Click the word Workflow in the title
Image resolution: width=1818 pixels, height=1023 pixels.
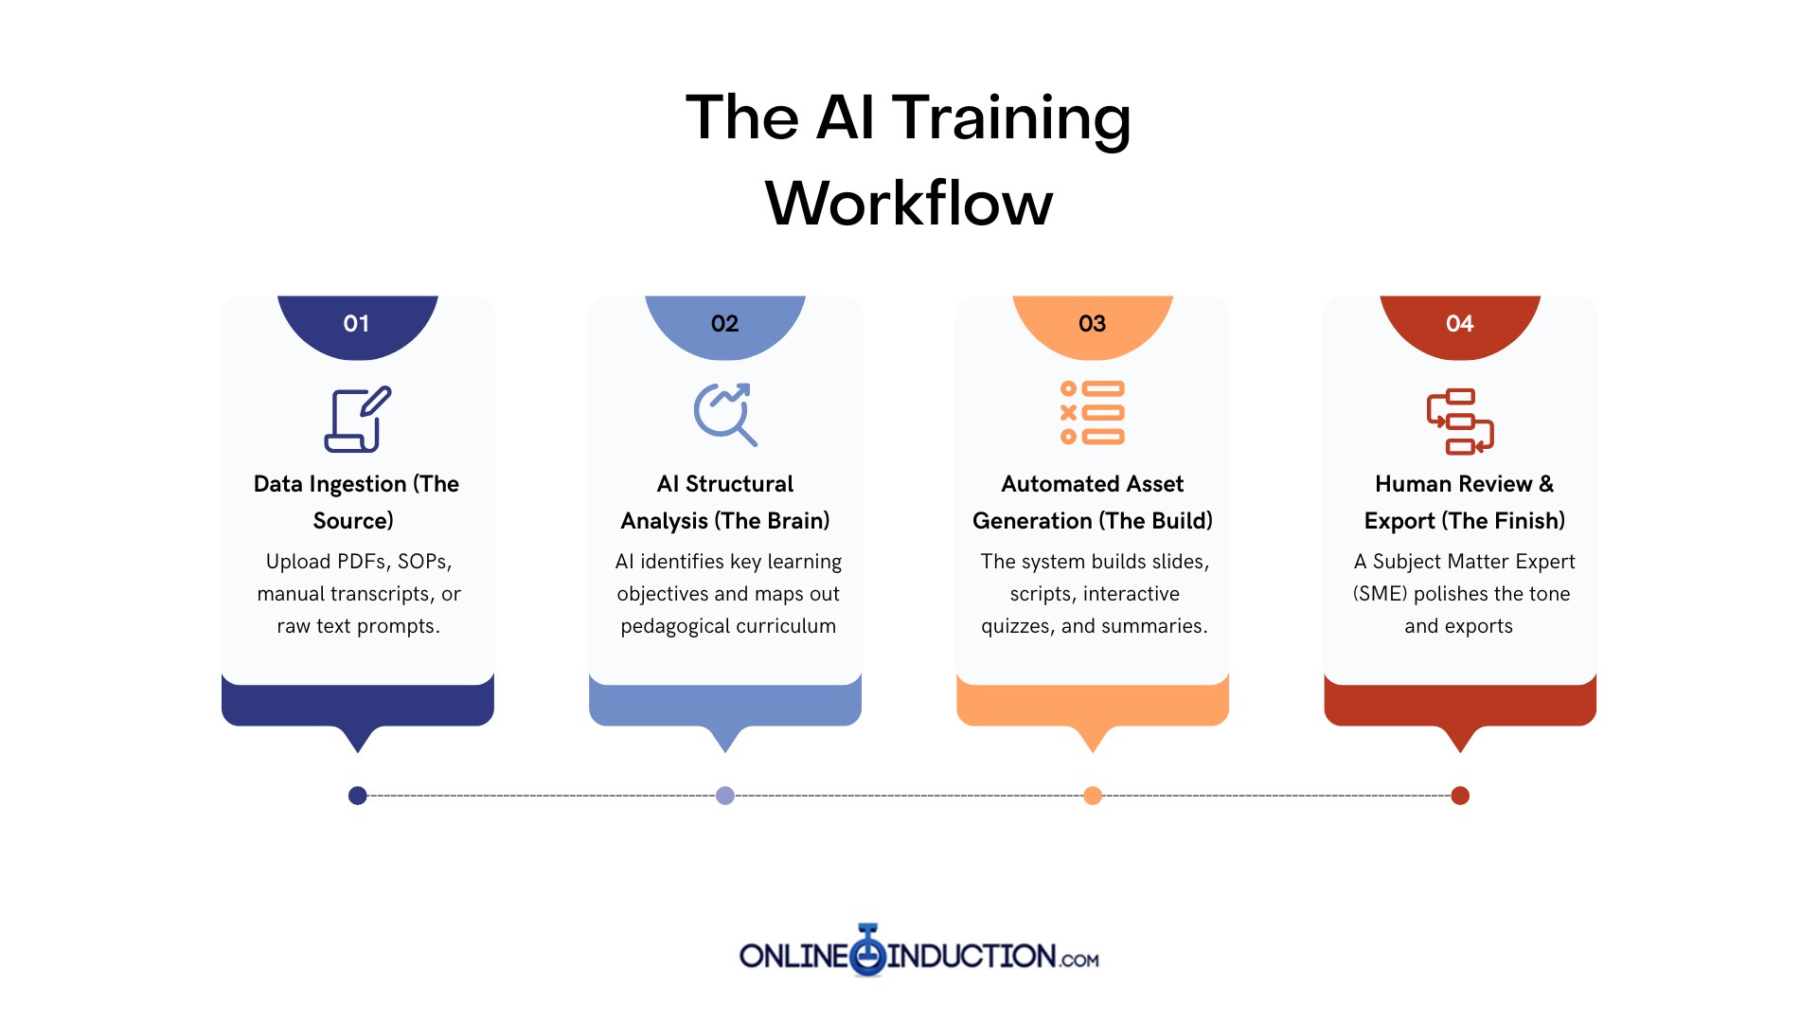(909, 203)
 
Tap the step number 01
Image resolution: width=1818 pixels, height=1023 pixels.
(356, 324)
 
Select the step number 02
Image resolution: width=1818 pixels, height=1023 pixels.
(724, 324)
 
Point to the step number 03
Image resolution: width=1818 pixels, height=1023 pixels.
(1092, 324)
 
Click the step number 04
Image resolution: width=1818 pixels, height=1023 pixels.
(1459, 324)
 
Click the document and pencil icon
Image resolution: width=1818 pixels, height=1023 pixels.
(357, 419)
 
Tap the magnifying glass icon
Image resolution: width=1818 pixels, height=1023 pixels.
(725, 414)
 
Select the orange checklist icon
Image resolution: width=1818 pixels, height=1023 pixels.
(1092, 413)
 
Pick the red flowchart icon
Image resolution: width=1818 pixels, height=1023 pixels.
(1460, 422)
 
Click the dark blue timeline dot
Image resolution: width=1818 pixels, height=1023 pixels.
(357, 796)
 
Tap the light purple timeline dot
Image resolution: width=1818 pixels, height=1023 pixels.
(725, 796)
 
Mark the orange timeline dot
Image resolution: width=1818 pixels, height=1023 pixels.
(1093, 796)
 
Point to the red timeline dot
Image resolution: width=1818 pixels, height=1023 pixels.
(1460, 796)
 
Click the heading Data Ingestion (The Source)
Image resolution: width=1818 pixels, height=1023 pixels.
(356, 502)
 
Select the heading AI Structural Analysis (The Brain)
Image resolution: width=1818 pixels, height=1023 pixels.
(725, 502)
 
